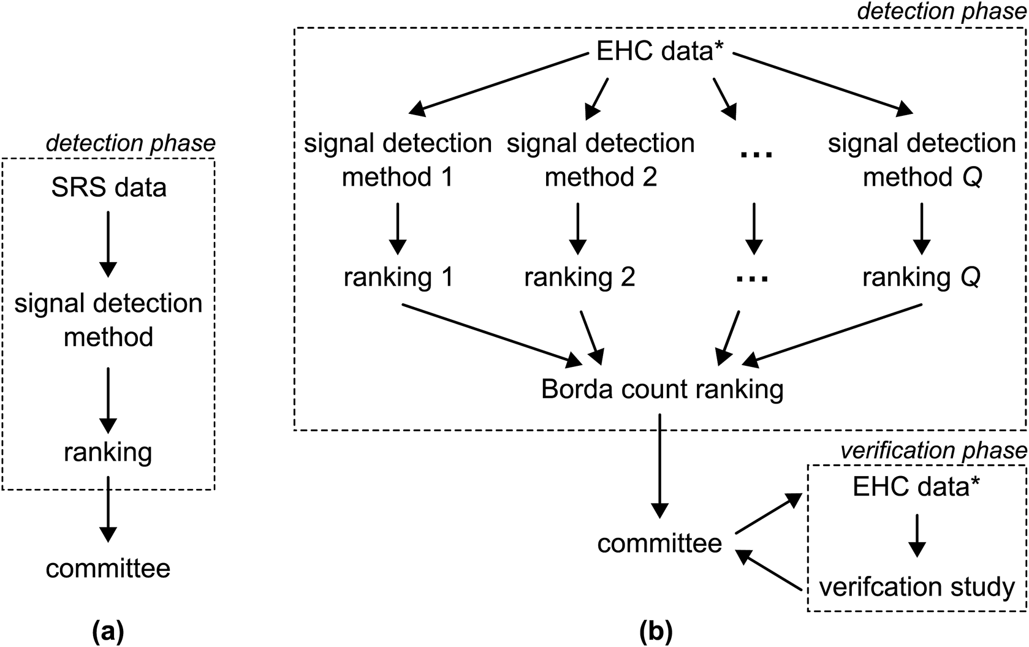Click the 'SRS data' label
pos(108,187)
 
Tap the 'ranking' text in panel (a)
pos(108,452)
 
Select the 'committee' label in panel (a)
pos(108,568)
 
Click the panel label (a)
pos(108,630)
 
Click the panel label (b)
pos(655,630)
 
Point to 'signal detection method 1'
pos(398,160)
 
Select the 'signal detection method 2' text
pos(601,160)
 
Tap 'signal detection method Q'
pos(922,160)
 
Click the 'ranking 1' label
pos(398,277)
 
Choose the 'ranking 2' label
pos(579,277)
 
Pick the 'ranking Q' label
pos(921,277)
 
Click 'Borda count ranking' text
pos(662,389)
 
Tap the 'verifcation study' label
pos(917,586)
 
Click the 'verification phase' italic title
pos(933,451)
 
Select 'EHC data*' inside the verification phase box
pos(916,486)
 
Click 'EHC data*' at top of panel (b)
pos(661,51)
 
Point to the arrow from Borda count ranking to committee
pos(659,466)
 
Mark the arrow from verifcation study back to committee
pos(769,570)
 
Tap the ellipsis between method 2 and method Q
pos(756,154)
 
